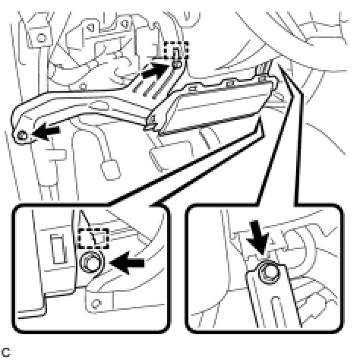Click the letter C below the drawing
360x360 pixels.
[x=5, y=352]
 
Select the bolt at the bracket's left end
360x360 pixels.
[x=22, y=135]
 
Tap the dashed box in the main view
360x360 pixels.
[x=176, y=50]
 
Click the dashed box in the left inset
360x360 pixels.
[x=93, y=238]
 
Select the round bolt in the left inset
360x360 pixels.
[x=90, y=262]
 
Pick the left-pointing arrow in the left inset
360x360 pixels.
[x=128, y=263]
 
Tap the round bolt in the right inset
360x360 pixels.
[x=267, y=273]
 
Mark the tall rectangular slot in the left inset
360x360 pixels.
[x=58, y=248]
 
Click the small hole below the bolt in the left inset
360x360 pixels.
[x=96, y=303]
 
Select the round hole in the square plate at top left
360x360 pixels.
[x=41, y=38]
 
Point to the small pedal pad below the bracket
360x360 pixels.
[x=110, y=170]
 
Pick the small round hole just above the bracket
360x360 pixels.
[x=82, y=87]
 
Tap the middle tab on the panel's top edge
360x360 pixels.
[x=229, y=83]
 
